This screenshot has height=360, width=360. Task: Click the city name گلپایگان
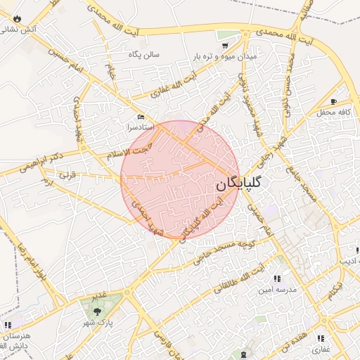(x=239, y=184)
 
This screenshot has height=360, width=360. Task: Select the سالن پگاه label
(x=143, y=54)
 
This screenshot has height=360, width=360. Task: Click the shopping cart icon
(x=225, y=44)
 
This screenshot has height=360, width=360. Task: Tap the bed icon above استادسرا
(x=141, y=117)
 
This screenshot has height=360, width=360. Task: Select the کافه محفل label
(x=333, y=112)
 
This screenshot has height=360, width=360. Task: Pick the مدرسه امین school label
(x=278, y=289)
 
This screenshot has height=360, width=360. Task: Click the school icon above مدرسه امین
(x=285, y=278)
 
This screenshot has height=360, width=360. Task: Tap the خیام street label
(x=110, y=72)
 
